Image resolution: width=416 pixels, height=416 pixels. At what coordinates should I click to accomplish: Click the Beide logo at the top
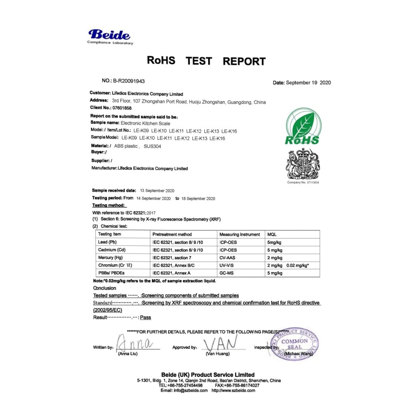110,36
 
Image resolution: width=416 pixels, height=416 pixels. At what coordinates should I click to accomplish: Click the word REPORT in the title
244,62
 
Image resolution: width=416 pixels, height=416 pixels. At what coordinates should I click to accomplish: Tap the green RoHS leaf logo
302,126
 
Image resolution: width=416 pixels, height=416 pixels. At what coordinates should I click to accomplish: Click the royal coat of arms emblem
302,163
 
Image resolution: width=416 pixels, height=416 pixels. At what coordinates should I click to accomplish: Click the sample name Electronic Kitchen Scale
145,123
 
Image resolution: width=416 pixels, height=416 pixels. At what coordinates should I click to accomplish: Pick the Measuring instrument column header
239,234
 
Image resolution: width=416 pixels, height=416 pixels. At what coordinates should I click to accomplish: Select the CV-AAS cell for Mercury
228,258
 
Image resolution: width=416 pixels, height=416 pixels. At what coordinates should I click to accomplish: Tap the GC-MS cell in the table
227,273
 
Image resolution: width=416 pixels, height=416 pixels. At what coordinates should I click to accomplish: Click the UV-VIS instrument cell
227,265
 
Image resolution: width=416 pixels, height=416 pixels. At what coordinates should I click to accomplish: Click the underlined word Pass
146,317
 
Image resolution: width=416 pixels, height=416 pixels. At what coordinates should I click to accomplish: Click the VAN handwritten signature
221,343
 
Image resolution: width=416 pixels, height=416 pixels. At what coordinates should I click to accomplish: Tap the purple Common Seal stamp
295,344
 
